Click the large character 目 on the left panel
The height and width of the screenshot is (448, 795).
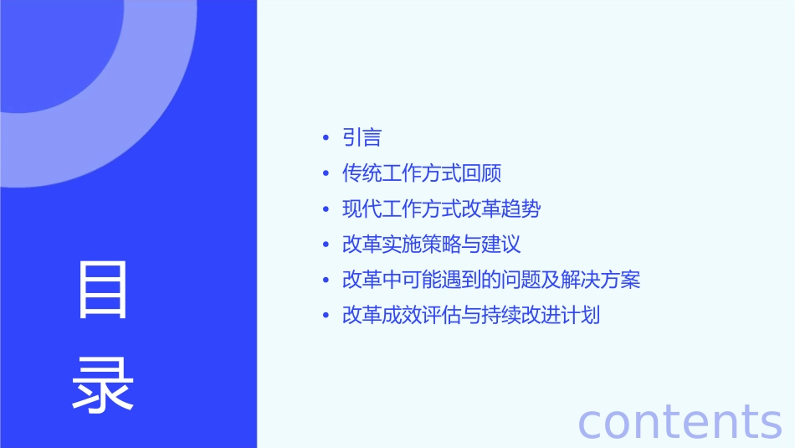click(x=103, y=290)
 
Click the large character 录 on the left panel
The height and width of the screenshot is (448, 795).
click(x=103, y=384)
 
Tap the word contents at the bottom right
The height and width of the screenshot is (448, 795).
click(x=680, y=420)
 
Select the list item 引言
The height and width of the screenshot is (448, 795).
click(x=362, y=137)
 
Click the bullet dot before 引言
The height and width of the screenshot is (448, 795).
click(x=326, y=138)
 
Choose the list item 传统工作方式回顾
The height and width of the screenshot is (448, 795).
click(x=422, y=173)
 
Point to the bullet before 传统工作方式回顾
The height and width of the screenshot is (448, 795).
click(x=326, y=174)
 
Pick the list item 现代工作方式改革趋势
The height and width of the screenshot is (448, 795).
click(x=441, y=209)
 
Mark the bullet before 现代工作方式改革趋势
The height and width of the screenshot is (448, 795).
click(x=326, y=209)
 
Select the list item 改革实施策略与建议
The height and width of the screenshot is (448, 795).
click(x=432, y=245)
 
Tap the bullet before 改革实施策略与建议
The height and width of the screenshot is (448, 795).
click(x=326, y=245)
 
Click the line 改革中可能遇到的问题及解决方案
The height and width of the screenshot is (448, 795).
click(x=491, y=280)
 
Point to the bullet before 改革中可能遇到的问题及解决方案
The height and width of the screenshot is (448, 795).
click(x=326, y=281)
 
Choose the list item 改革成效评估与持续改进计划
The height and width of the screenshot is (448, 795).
click(x=471, y=316)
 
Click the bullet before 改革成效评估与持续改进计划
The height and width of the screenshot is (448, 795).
click(x=326, y=317)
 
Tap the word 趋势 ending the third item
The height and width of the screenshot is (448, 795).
click(x=521, y=209)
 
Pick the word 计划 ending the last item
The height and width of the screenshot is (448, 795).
click(x=581, y=316)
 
